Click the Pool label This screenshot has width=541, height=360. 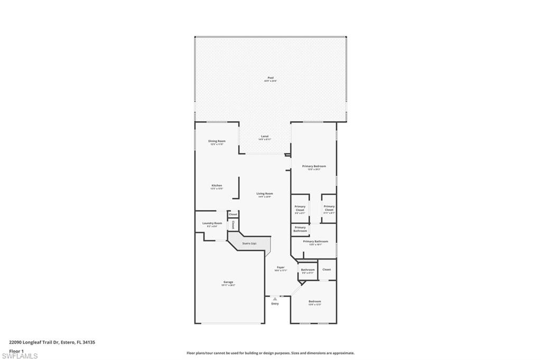tap(270, 79)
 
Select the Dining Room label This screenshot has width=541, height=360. tap(217, 141)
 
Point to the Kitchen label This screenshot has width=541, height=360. tap(217, 186)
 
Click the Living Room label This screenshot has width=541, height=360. tap(265, 194)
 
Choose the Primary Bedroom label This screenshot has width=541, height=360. tap(314, 167)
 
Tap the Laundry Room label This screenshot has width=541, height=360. tap(212, 224)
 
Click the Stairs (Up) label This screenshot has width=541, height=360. tap(249, 243)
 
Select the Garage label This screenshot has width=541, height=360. tap(228, 282)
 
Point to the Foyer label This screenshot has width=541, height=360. tap(281, 268)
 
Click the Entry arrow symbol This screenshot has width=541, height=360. tap(275, 299)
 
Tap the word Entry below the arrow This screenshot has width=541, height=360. tap(275, 304)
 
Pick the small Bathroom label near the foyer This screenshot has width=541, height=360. tap(308, 270)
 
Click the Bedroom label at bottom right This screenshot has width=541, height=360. tap(315, 302)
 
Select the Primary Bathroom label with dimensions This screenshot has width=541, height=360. tap(315, 242)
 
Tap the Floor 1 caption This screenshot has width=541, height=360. tap(16, 350)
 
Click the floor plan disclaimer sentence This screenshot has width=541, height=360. tap(270, 353)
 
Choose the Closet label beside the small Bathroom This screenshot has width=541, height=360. tap(327, 270)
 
